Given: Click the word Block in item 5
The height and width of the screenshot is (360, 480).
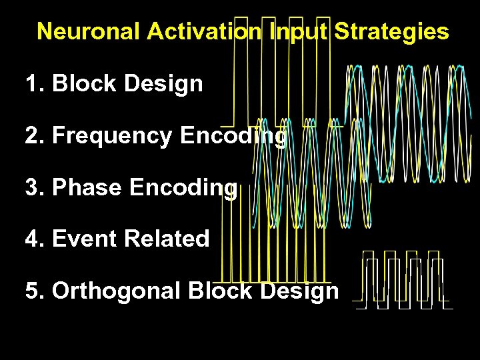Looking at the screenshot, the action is (220, 291).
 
